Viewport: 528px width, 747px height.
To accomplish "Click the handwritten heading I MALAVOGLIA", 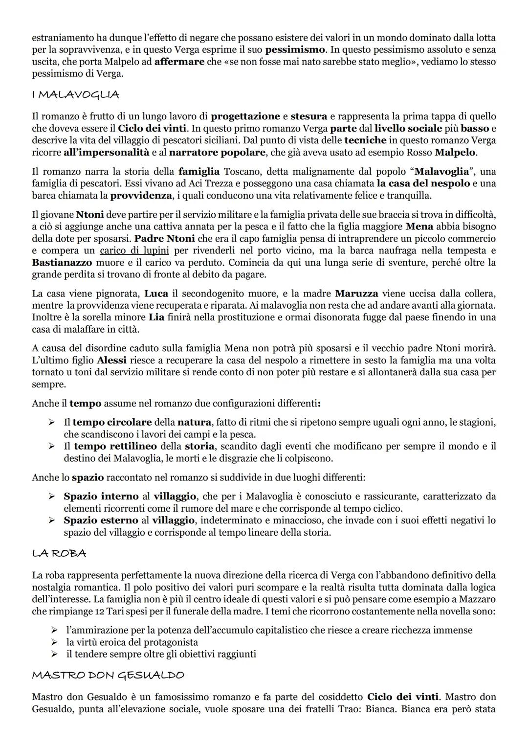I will coord(75,94).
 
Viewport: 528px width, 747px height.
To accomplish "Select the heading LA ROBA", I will coord(59,553).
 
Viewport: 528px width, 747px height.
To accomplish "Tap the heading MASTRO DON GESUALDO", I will coord(108,675).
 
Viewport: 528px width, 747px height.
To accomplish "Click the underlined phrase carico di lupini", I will coord(134,250).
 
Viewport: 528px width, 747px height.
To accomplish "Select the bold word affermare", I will coord(179,62).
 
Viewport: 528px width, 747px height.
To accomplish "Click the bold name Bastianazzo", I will coord(63,262).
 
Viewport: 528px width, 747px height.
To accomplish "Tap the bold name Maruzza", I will coord(356,294).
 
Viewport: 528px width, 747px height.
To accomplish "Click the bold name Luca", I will coord(156,294).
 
